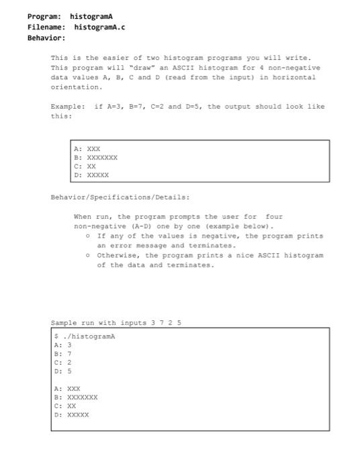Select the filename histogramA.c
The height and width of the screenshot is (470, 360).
pyautogui.click(x=99, y=27)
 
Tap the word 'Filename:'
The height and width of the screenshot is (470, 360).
pyautogui.click(x=46, y=27)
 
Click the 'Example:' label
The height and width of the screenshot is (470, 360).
pyautogui.click(x=68, y=107)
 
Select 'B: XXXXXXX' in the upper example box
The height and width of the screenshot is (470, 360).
pyautogui.click(x=96, y=158)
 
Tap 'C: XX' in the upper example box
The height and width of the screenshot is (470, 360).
pyautogui.click(x=85, y=167)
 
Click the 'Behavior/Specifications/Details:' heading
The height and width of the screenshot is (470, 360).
pyautogui.click(x=120, y=197)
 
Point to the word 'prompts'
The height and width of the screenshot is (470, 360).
pyautogui.click(x=181, y=217)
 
